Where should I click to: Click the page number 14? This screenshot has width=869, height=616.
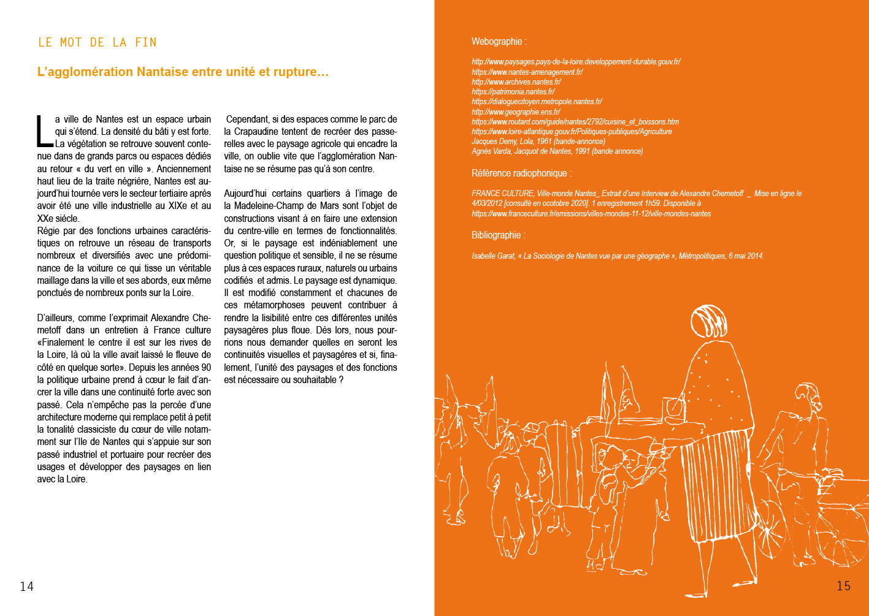tap(27, 587)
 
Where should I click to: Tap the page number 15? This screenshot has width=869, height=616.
tap(844, 586)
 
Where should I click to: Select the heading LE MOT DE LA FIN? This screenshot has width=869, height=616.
tap(98, 42)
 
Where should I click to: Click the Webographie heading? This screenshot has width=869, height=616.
tap(499, 42)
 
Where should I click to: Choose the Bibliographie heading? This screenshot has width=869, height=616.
tap(498, 235)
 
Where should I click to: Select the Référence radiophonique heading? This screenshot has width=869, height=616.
tap(521, 173)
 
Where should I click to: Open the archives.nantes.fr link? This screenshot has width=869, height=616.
tap(516, 82)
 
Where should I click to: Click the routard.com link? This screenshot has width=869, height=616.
tap(575, 121)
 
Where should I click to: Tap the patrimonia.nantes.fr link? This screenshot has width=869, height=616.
tap(513, 91)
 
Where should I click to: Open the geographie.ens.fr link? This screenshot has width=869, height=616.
tap(516, 112)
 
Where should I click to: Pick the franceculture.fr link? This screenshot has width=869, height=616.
tap(591, 213)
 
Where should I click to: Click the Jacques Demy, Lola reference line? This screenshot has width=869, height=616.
tap(538, 141)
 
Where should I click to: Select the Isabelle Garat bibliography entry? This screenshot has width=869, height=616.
tap(617, 256)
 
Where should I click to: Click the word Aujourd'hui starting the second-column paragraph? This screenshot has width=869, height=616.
tap(245, 194)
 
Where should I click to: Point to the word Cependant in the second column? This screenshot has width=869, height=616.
tap(247, 120)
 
